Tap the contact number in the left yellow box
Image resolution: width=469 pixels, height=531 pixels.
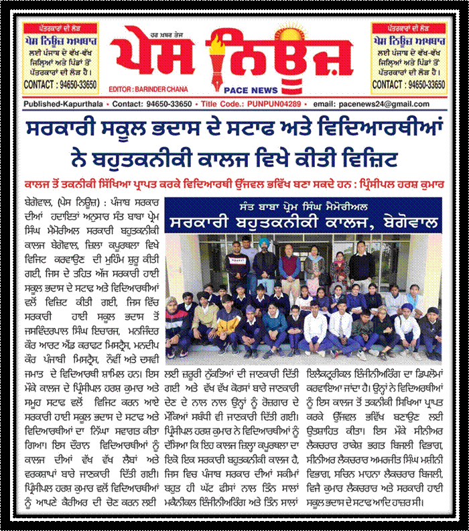click(x=60, y=84)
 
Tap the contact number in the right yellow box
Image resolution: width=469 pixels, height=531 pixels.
click(x=409, y=84)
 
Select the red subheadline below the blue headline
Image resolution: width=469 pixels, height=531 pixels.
click(x=234, y=182)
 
